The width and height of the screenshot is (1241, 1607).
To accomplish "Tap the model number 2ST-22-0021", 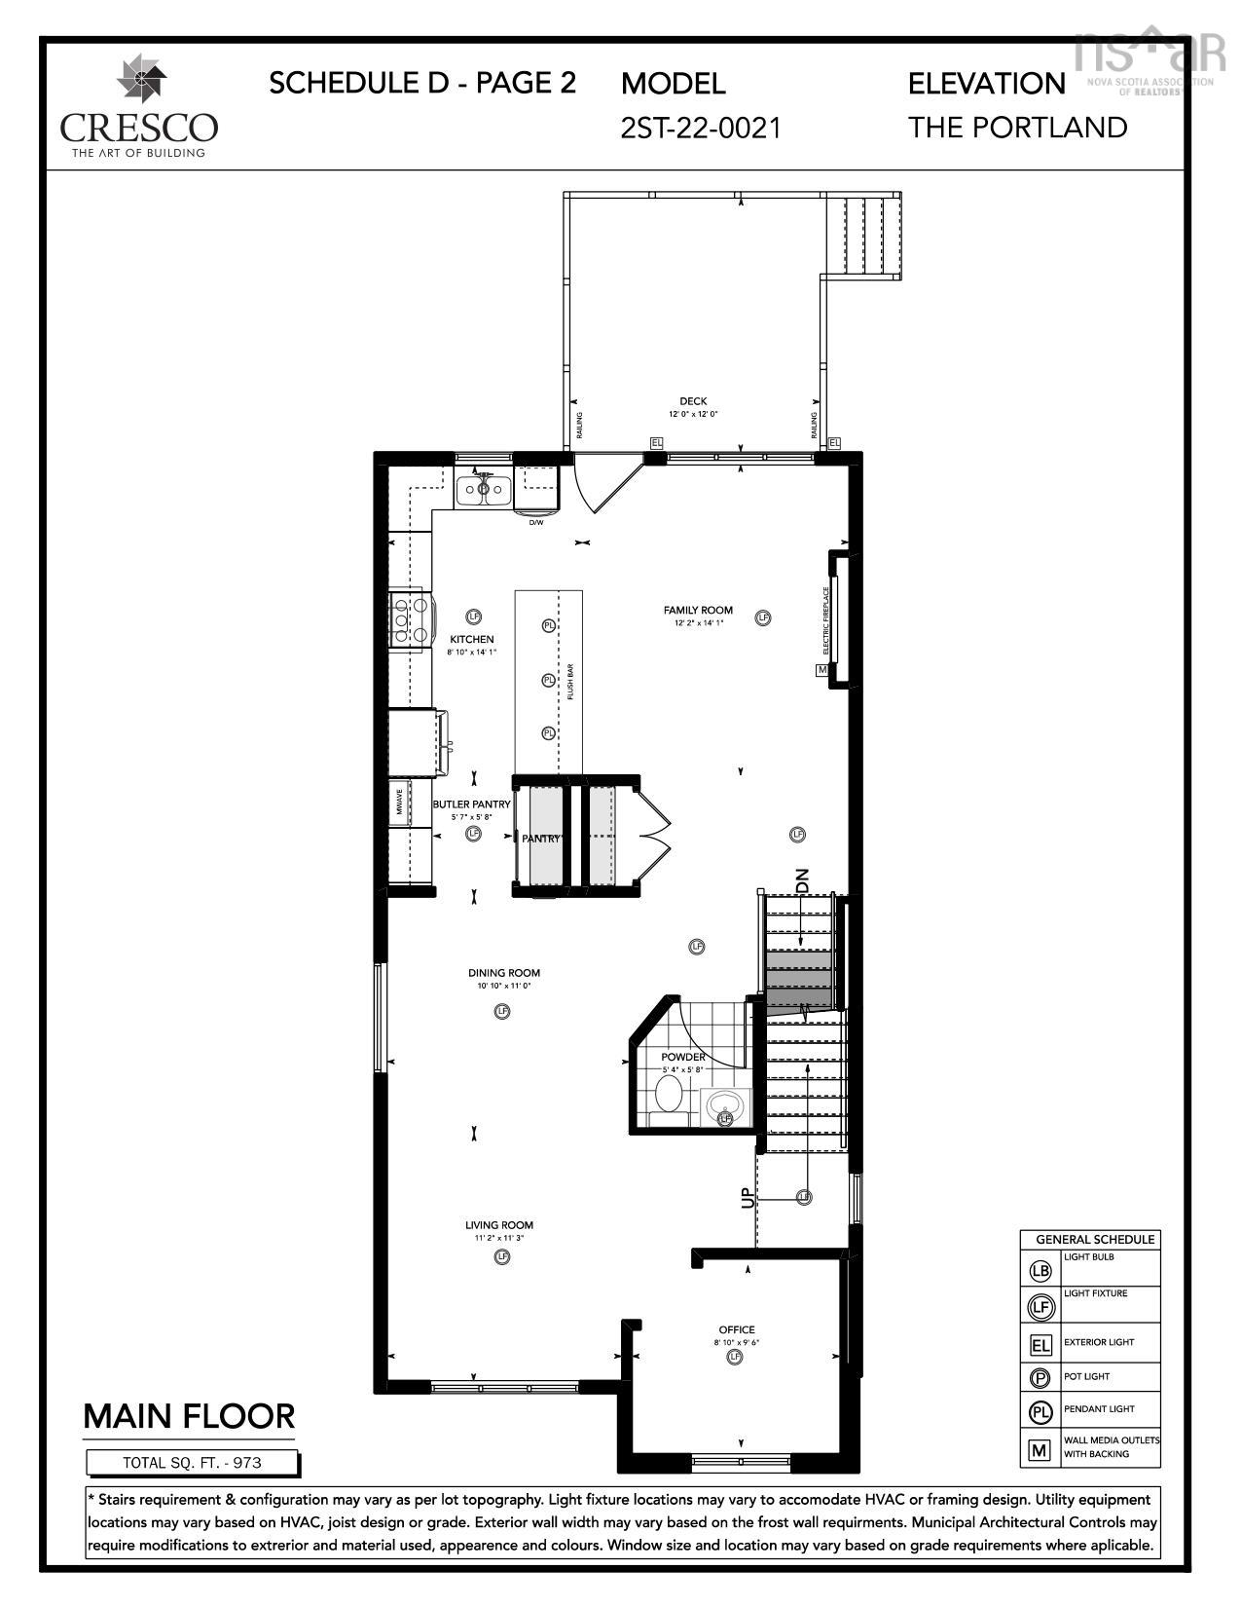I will (701, 128).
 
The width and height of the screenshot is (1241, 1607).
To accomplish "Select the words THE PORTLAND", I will (1017, 128).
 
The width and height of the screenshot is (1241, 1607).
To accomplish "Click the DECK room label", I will (693, 401).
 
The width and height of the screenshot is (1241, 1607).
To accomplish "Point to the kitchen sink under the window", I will (484, 488).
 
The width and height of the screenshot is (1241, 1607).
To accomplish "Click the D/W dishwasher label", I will (536, 523).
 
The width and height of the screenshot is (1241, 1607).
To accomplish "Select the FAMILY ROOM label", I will (699, 611).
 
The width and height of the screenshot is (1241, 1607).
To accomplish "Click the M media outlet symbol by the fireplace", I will (821, 670).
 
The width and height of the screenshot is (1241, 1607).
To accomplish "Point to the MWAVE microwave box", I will (400, 803).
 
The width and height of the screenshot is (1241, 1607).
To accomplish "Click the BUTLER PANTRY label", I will (471, 804).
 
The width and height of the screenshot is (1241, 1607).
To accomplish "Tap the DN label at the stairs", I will (803, 880).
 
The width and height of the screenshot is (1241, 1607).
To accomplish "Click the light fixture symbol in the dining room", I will (502, 1011).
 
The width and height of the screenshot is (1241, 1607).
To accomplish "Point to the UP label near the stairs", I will (748, 1197).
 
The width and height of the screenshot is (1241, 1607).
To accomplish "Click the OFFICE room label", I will (737, 1329).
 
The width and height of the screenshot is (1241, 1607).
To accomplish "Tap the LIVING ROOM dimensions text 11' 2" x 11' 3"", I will (499, 1238).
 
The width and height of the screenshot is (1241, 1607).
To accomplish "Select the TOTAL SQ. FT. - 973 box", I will (192, 1462).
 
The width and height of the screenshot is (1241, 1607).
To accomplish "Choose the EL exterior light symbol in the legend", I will (1040, 1345).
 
